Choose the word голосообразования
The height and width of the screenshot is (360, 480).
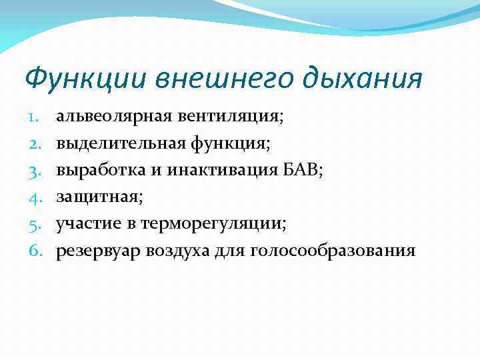pos(333,251)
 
